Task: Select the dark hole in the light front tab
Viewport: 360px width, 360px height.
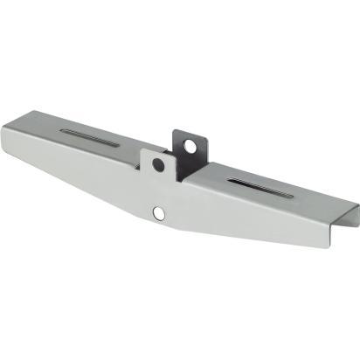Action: (x=158, y=164)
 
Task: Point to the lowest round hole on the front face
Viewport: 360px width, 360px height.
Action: (x=158, y=212)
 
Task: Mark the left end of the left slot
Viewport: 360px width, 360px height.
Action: (x=63, y=132)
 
